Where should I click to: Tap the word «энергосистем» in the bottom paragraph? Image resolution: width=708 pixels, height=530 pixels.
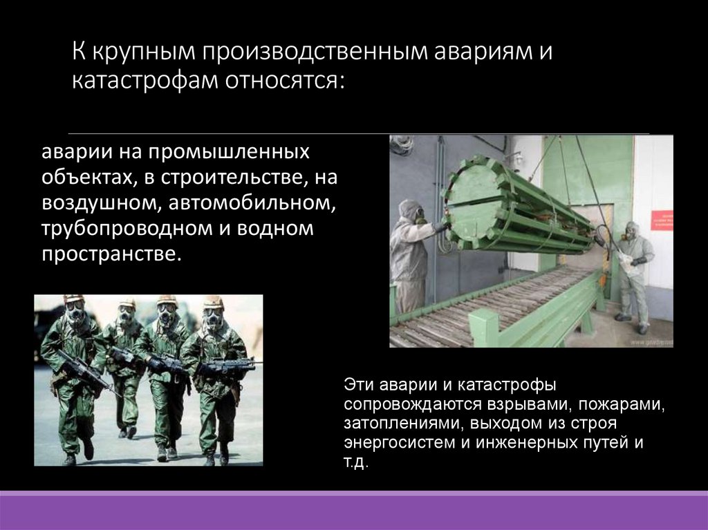coord(391,442)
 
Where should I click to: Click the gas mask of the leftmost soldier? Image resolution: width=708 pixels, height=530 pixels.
coord(75,314)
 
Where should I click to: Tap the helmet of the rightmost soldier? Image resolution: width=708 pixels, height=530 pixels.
coord(213,303)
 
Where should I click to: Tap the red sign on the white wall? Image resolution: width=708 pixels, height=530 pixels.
coord(661,220)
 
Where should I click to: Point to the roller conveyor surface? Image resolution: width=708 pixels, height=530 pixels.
coord(498,304)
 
